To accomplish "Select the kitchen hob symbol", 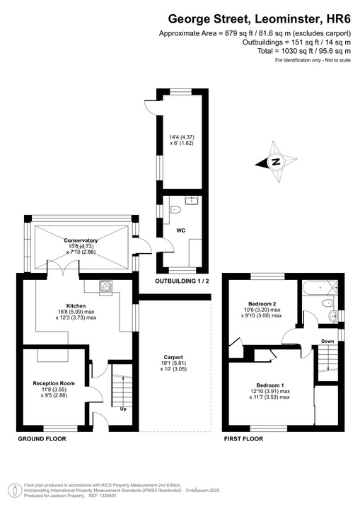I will [106, 286].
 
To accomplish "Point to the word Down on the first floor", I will [327, 341].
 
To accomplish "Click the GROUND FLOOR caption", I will [42, 439].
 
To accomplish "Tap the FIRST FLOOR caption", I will [244, 439].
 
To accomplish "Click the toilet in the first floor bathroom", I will [327, 303].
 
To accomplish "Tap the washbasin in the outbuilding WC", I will [189, 200].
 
